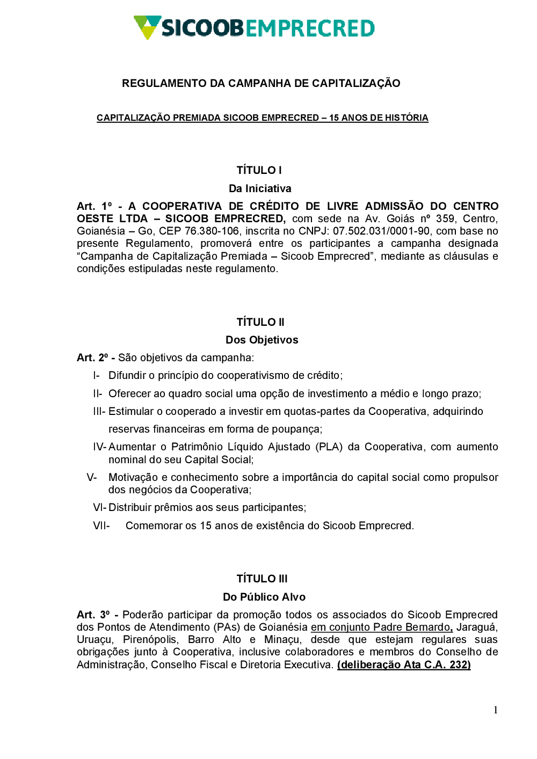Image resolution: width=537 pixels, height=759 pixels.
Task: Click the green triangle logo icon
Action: pyautogui.click(x=147, y=26)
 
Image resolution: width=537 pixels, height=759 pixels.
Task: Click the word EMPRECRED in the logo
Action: pyautogui.click(x=310, y=28)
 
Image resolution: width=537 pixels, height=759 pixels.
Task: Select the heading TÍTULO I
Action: pyautogui.click(x=259, y=170)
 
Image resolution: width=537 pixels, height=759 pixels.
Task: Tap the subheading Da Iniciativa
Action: pyautogui.click(x=260, y=188)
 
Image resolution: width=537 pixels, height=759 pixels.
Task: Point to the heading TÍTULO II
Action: pyautogui.click(x=260, y=322)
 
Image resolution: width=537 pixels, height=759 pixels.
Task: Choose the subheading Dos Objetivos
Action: pyautogui.click(x=262, y=340)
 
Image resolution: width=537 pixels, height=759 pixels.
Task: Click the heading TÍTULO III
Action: pyautogui.click(x=262, y=579)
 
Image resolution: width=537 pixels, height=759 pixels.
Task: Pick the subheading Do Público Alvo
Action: pyautogui.click(x=264, y=597)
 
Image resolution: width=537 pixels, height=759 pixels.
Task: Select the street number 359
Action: pyautogui.click(x=445, y=219)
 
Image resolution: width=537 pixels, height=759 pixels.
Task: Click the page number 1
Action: pyautogui.click(x=496, y=710)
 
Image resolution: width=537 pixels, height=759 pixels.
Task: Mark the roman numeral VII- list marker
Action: pyautogui.click(x=101, y=526)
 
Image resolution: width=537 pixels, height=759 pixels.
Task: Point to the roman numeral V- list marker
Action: pyautogui.click(x=92, y=478)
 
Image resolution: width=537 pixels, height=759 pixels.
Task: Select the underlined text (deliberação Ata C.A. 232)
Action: pyautogui.click(x=404, y=665)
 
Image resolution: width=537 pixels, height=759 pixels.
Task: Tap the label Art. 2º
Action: pyautogui.click(x=92, y=358)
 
